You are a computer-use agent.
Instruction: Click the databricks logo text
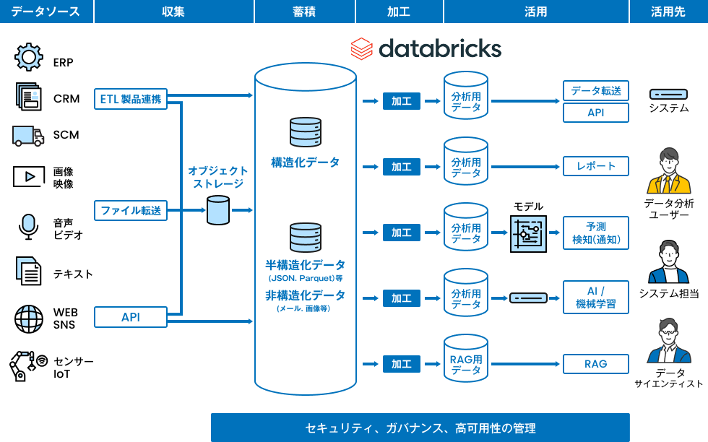439,48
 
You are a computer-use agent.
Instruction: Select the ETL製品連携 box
131,99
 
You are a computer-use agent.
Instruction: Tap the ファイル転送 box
131,210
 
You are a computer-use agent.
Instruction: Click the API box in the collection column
131,316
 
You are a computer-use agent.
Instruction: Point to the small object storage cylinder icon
217,210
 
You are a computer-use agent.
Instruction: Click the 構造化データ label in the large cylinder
305,162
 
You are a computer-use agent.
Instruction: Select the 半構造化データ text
305,265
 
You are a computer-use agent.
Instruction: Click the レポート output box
595,166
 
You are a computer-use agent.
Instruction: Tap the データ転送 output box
595,91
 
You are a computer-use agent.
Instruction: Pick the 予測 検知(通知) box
595,233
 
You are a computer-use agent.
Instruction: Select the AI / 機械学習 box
595,297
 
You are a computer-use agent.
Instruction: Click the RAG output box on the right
595,364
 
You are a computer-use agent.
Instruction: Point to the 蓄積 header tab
305,12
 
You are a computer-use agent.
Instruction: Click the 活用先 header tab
668,12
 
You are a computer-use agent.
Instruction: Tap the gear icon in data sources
29,56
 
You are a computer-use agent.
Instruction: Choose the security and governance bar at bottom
420,428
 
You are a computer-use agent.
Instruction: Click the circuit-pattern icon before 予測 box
528,233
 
